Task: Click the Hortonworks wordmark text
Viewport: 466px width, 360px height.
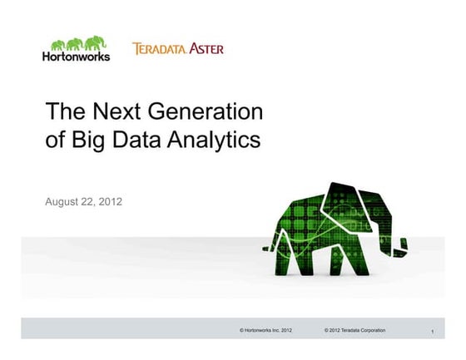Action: [x=76, y=57]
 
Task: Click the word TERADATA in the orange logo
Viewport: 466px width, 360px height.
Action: [x=158, y=49]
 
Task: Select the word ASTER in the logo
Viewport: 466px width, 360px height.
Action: [x=205, y=49]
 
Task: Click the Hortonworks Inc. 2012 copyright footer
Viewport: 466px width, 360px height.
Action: [x=265, y=331]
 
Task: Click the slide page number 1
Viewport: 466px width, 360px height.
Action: [x=434, y=333]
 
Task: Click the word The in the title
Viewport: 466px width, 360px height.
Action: [x=62, y=111]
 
